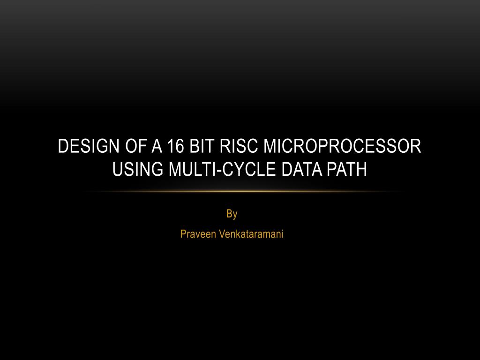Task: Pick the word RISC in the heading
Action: (239, 146)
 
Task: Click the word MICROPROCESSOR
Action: (343, 146)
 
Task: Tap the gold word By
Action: (232, 215)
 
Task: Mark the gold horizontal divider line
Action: (240, 192)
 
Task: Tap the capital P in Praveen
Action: (183, 234)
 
